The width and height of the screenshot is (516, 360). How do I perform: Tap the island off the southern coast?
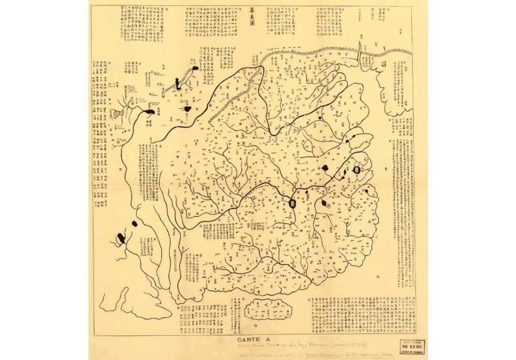point(270,311)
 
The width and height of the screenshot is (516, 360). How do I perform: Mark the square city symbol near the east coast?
point(356,170)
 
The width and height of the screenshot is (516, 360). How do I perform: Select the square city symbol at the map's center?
point(293,203)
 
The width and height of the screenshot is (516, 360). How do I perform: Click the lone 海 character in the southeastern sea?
point(391,276)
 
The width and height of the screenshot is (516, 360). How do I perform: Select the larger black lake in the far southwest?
point(122,236)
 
